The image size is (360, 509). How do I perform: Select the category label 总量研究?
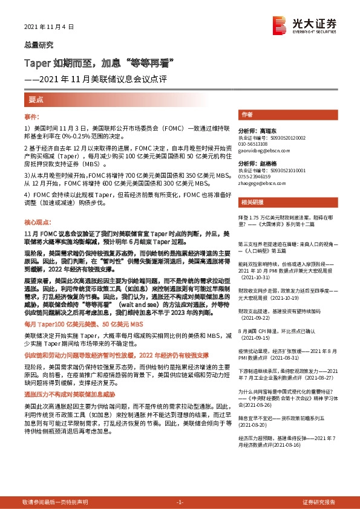click(38, 45)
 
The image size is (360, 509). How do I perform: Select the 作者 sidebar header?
click(247, 114)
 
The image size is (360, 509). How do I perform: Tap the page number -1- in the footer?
click(179, 502)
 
